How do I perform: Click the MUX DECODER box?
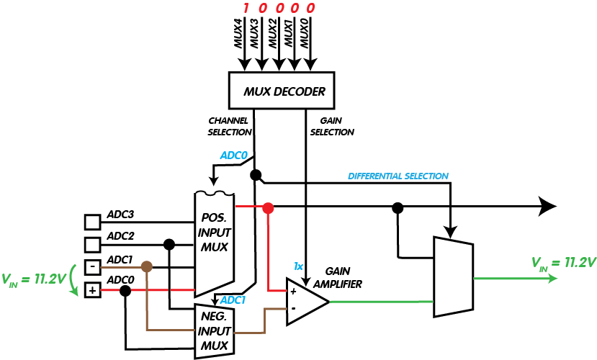point(284,91)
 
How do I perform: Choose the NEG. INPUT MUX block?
point(215,330)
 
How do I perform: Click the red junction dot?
point(268,208)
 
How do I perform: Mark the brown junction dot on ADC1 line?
point(147,266)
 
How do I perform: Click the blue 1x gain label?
point(299,266)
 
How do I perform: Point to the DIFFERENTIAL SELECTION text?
point(398,176)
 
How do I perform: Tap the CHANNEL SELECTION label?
point(230,126)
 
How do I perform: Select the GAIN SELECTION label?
point(332,126)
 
